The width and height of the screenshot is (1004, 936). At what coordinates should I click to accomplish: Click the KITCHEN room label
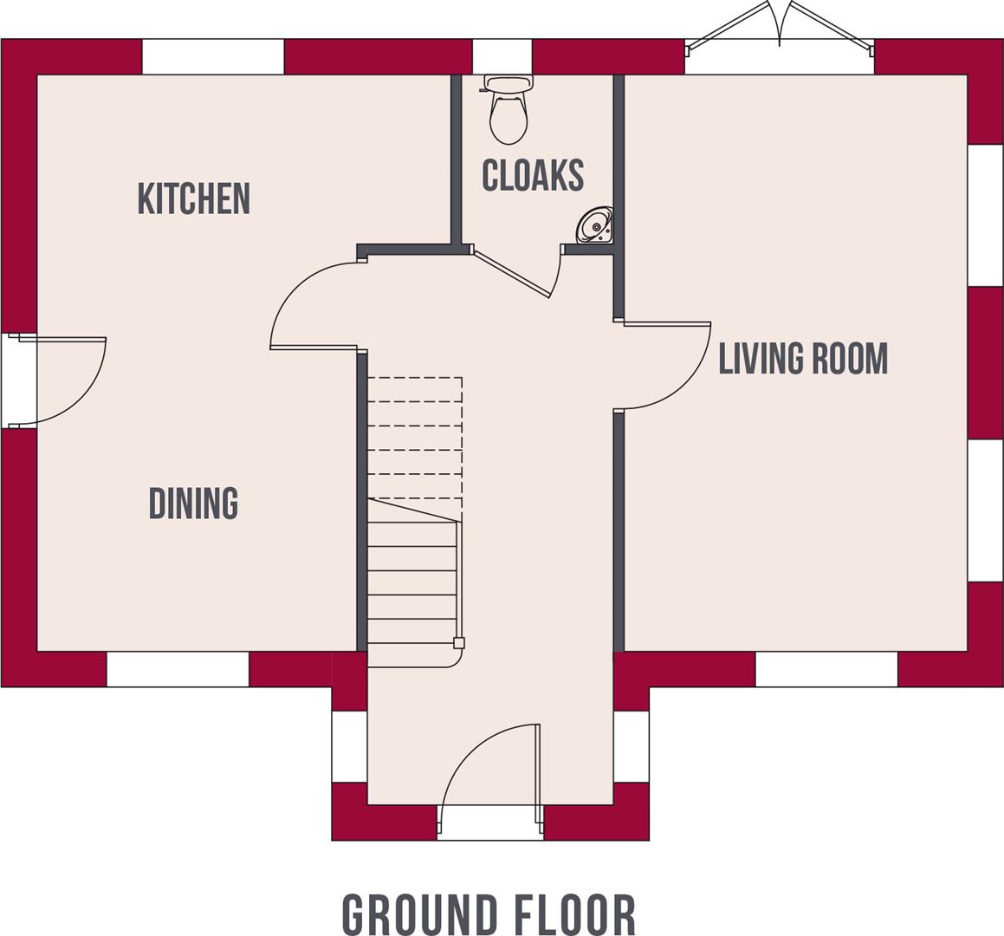point(194,198)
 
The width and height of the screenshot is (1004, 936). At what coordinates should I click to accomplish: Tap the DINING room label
point(193,504)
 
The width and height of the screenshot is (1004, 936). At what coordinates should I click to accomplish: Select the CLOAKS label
point(533,175)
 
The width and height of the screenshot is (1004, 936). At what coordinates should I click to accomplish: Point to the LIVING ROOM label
point(803,359)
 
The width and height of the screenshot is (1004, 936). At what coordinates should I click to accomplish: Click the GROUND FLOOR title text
point(489,914)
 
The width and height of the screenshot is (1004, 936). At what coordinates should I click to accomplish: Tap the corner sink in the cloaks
point(596,226)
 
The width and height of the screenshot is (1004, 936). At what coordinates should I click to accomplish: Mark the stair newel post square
point(459,643)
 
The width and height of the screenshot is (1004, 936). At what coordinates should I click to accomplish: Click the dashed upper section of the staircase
point(414,438)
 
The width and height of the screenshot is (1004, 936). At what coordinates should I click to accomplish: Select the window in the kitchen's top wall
point(213,57)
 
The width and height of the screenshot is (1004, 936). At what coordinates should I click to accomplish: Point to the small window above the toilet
point(502,57)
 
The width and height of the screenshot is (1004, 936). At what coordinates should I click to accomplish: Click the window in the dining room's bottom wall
point(178,669)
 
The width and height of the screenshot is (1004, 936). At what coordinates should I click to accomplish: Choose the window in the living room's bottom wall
point(826,669)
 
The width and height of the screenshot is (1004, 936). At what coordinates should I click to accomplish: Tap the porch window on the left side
point(349,746)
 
